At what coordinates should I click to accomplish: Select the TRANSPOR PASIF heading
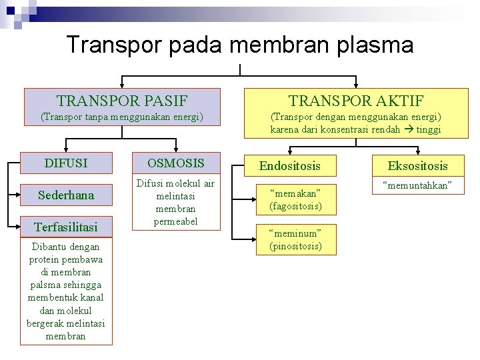(122, 101)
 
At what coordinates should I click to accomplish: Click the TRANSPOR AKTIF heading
(356, 101)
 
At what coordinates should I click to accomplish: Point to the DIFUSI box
(66, 163)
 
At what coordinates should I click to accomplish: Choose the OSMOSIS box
(176, 163)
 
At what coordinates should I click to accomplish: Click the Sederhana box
(66, 195)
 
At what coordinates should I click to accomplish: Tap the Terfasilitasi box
(66, 227)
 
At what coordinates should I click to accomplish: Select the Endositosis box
(290, 166)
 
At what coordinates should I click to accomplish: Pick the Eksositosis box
(418, 166)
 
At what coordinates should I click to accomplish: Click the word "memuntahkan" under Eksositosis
(418, 186)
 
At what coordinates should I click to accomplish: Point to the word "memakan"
(295, 194)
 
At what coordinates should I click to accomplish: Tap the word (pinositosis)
(295, 246)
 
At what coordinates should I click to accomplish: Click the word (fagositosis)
(295, 206)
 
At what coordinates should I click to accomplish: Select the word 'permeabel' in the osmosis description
(176, 221)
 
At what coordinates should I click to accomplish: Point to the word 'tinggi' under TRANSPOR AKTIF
(428, 129)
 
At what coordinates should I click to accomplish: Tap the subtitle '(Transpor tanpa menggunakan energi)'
(122, 117)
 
